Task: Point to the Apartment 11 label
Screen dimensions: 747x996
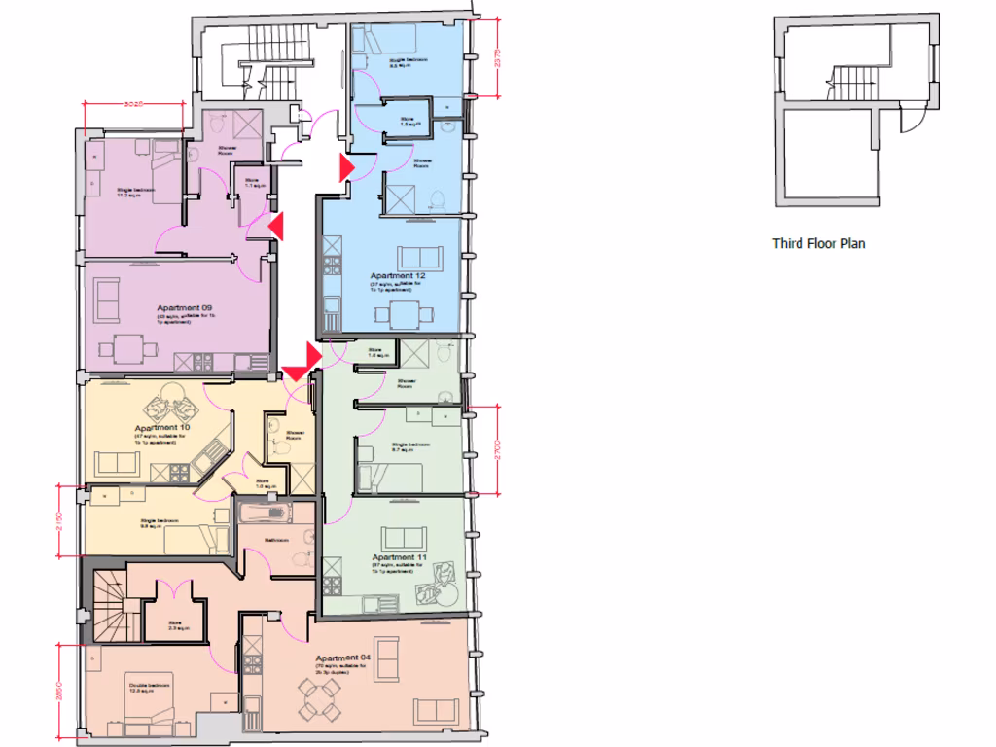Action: pos(400,557)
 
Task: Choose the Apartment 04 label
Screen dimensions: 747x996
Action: pos(343,658)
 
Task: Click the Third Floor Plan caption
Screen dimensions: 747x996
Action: pos(818,243)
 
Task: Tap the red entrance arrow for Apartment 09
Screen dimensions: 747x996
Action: pos(276,227)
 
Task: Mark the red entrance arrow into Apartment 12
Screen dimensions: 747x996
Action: pos(345,167)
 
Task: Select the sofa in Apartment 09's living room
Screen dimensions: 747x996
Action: pos(105,300)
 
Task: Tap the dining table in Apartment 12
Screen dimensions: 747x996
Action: pos(403,314)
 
